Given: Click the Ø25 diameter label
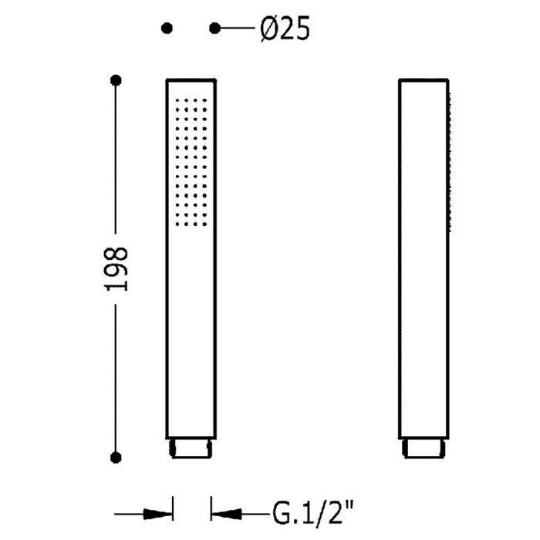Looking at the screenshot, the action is click(x=285, y=29).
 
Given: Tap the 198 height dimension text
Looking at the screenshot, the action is click(x=116, y=269).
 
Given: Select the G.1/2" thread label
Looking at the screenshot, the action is click(x=313, y=513).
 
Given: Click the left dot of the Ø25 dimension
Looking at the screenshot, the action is click(x=167, y=29).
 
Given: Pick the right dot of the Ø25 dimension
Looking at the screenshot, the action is click(x=215, y=29).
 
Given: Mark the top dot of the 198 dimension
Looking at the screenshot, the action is click(x=116, y=80).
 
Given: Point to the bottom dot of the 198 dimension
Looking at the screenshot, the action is click(x=116, y=457).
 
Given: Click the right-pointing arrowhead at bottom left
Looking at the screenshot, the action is click(x=157, y=515).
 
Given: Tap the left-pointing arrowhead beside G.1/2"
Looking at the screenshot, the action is click(x=226, y=515).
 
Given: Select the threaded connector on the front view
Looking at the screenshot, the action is click(x=191, y=448).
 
